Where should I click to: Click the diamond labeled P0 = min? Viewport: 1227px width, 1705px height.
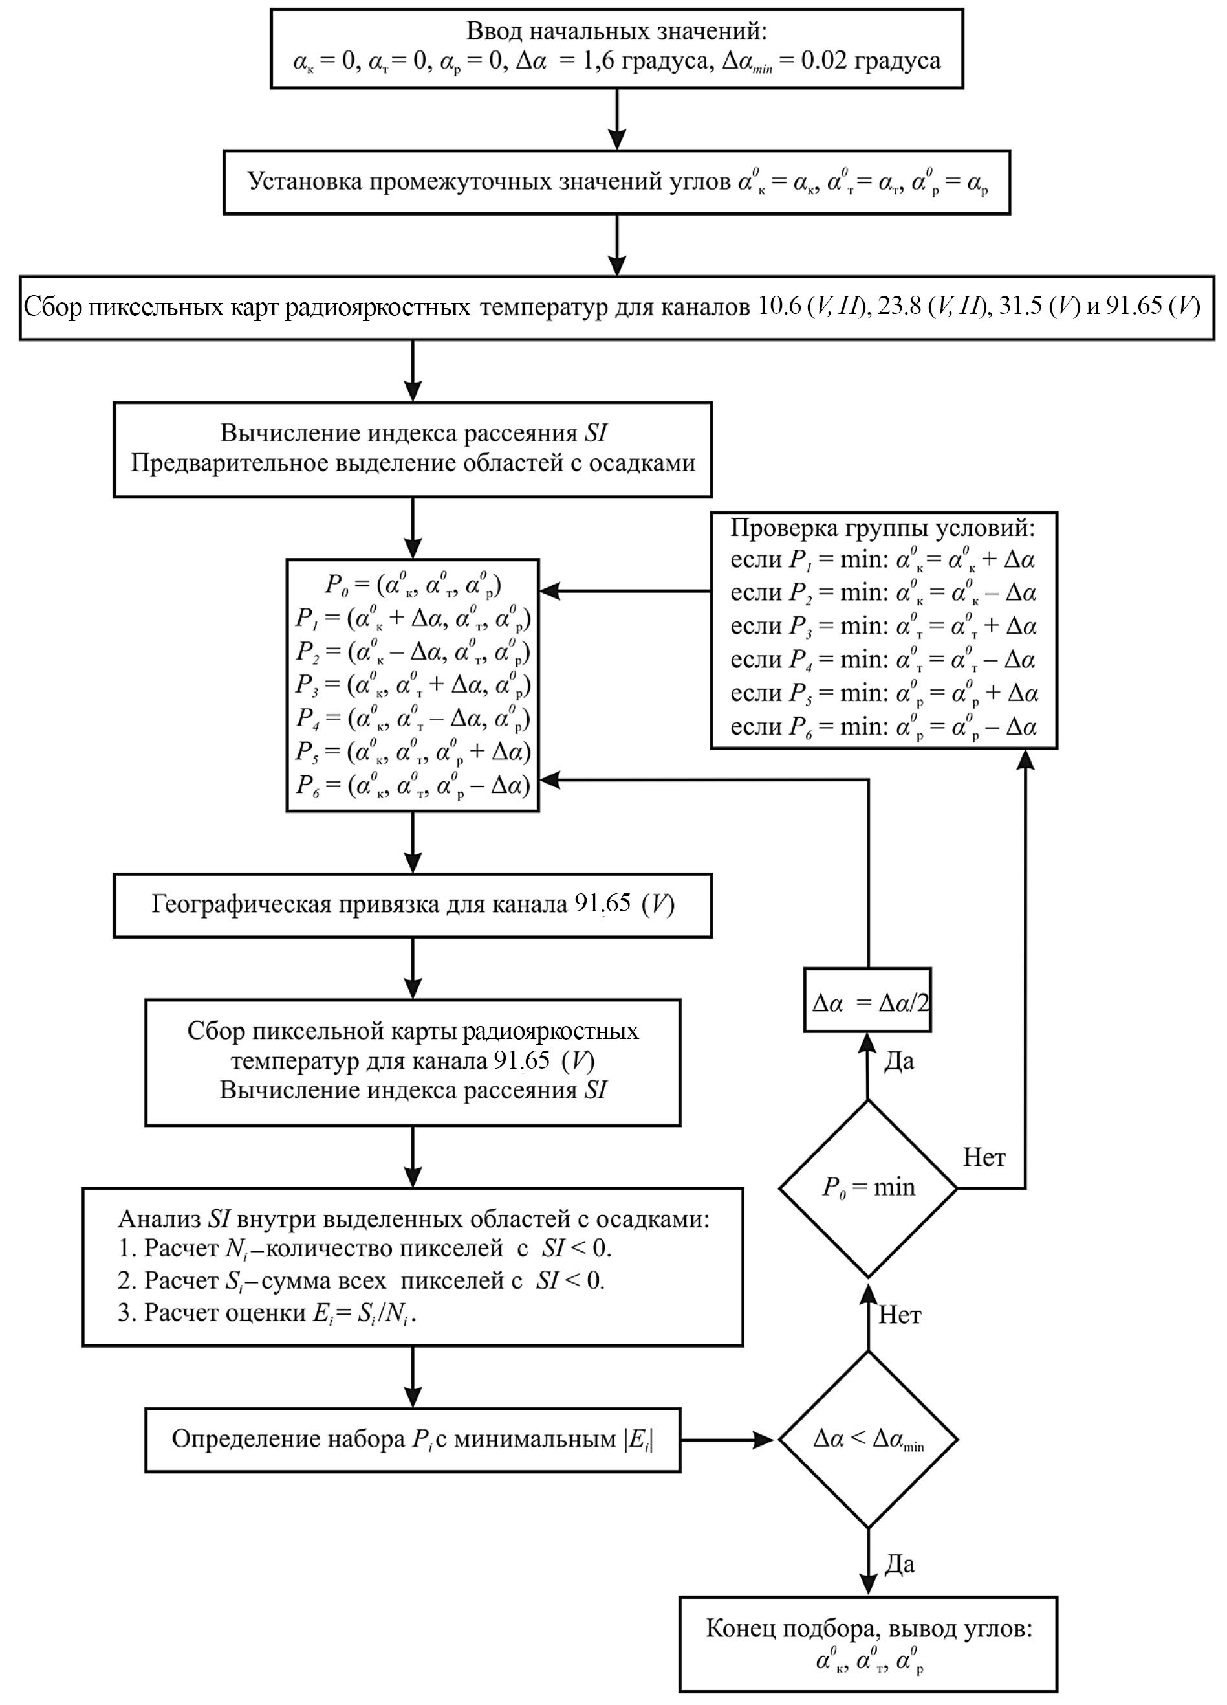[868, 1188]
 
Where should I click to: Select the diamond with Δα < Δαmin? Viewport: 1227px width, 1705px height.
[868, 1440]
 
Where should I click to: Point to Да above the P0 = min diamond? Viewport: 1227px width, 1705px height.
[898, 1061]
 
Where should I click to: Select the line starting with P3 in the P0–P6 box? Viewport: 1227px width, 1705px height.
[413, 685]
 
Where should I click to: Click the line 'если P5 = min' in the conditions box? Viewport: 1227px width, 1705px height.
[884, 693]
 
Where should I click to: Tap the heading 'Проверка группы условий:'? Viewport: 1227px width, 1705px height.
[883, 528]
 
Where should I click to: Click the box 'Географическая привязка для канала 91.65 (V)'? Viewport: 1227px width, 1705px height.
[413, 904]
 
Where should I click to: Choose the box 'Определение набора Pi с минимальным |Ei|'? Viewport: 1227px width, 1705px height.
[413, 1439]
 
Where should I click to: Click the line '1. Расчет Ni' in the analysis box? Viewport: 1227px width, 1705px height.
[364, 1248]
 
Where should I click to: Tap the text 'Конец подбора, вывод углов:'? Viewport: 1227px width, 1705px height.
[869, 1649]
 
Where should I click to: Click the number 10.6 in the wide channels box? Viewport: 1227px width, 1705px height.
[779, 307]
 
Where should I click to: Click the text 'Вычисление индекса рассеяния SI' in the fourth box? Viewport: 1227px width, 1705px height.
[413, 433]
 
